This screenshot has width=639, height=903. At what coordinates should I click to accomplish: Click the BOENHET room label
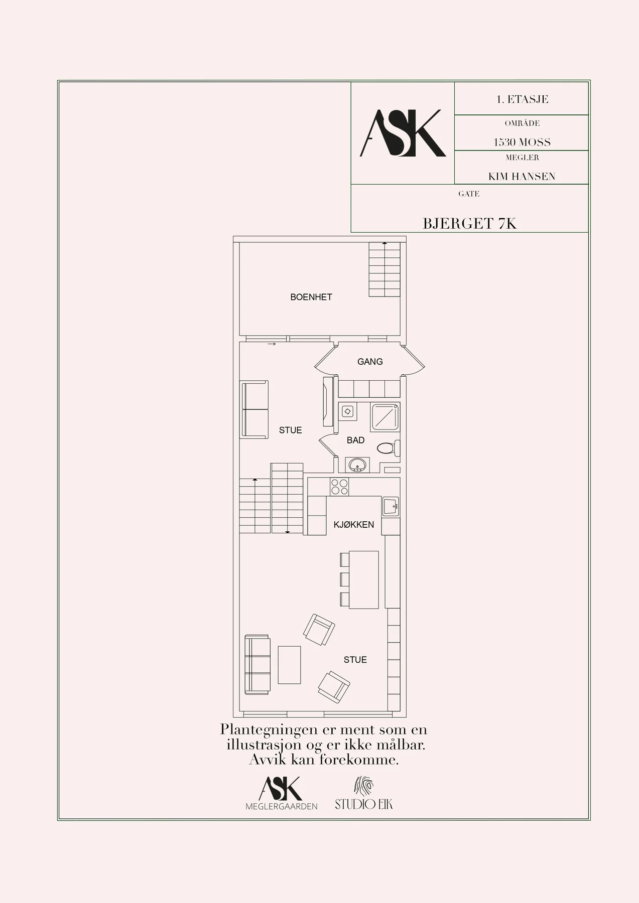click(x=311, y=297)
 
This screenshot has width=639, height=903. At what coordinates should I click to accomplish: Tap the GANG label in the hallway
click(x=370, y=361)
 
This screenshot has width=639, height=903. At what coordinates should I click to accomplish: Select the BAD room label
click(x=355, y=440)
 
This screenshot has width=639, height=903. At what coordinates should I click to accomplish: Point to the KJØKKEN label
click(x=354, y=525)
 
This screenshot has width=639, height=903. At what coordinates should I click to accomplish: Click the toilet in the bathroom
click(x=389, y=447)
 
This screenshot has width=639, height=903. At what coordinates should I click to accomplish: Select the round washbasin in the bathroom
click(x=357, y=465)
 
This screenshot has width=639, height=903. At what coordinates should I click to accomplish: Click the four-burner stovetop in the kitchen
click(x=339, y=487)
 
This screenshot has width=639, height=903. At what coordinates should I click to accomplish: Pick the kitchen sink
click(x=391, y=507)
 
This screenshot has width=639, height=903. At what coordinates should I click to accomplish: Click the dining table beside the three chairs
click(x=364, y=579)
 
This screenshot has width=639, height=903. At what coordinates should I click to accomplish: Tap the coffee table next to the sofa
click(x=290, y=665)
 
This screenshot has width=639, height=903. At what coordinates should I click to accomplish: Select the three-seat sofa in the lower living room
click(x=258, y=665)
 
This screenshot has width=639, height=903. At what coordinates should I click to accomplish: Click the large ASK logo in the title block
click(x=403, y=133)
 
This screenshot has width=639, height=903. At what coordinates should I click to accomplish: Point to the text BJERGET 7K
click(x=469, y=223)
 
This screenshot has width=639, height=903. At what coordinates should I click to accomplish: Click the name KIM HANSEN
click(x=522, y=177)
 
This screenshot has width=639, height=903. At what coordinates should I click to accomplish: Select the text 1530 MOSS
click(x=522, y=142)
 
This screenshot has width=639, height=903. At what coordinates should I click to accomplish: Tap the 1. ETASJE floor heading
click(x=522, y=99)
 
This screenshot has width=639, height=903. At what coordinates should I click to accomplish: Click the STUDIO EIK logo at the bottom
click(x=364, y=794)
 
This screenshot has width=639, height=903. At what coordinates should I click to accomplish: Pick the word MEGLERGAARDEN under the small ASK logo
click(x=282, y=807)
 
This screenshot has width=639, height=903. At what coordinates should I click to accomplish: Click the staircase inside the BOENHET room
click(x=385, y=269)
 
